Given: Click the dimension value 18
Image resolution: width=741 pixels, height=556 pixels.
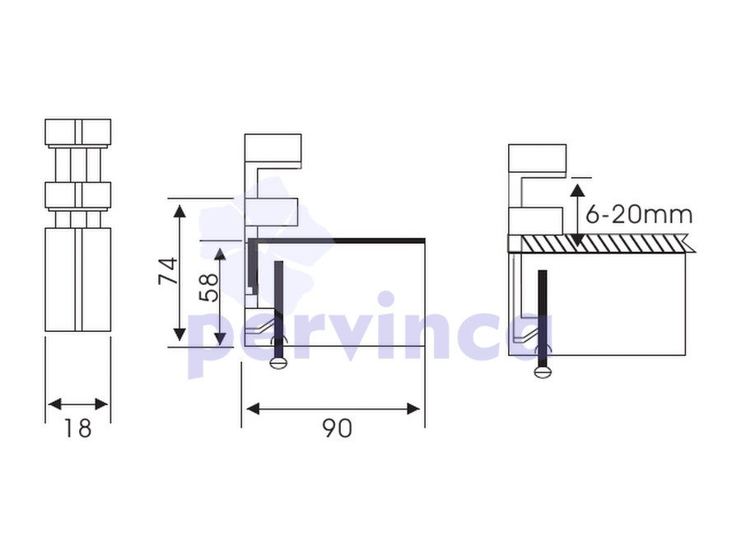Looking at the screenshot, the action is [x=77, y=428].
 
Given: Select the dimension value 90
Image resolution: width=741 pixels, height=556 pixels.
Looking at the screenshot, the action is [x=338, y=428].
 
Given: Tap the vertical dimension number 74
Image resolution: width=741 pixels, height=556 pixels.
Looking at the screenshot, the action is [x=168, y=270].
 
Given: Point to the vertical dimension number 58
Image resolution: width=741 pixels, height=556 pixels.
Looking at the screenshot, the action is [x=209, y=287].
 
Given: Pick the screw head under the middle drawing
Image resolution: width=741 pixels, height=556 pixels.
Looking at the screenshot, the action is [x=278, y=362].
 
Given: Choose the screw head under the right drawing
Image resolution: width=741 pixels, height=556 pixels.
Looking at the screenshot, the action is [x=543, y=372].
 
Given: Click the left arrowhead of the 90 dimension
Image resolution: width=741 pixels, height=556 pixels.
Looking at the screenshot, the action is [x=254, y=409].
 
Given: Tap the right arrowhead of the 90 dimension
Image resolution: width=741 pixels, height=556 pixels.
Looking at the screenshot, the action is [x=413, y=409].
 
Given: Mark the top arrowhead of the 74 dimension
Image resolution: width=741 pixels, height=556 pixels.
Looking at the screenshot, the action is [x=179, y=210].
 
